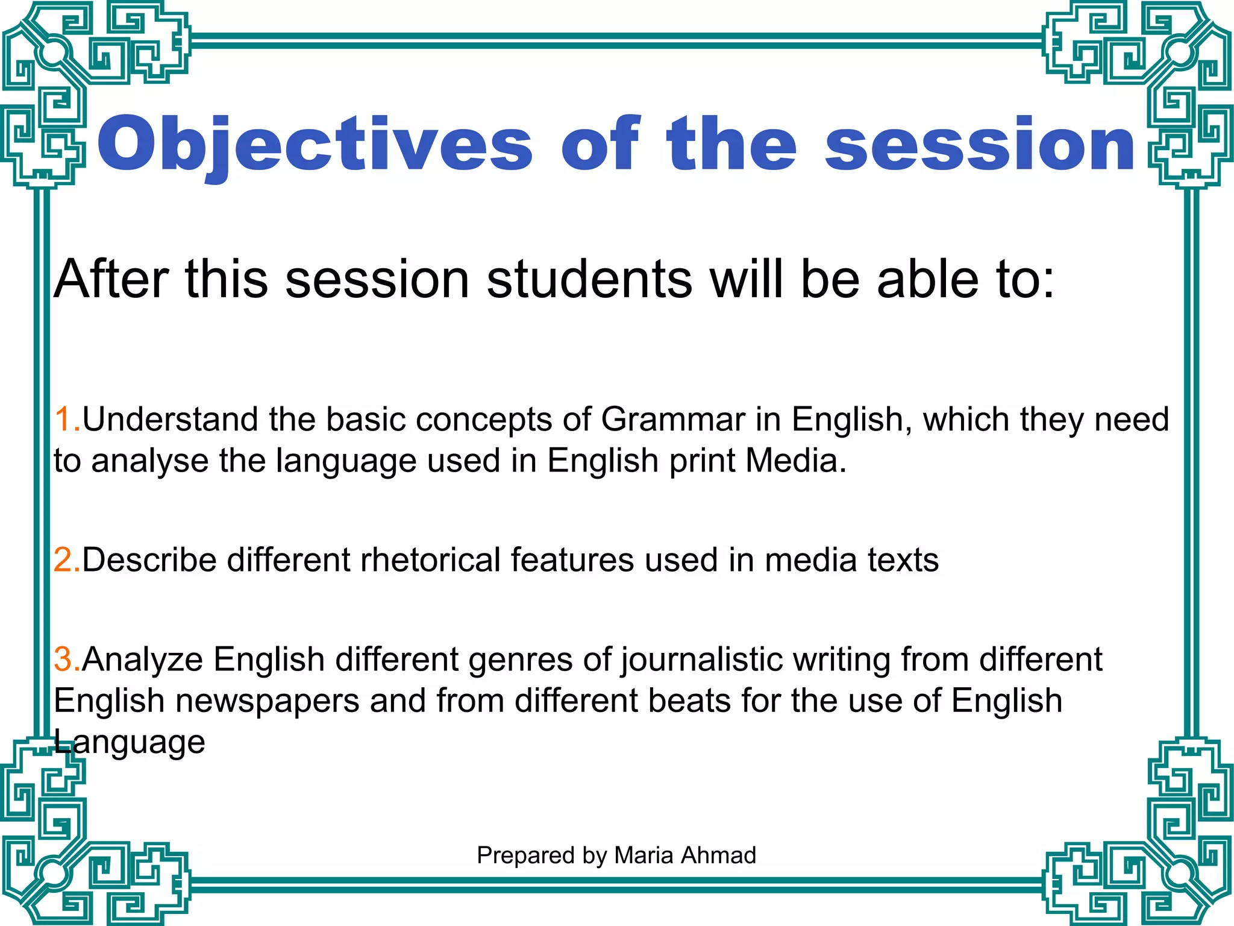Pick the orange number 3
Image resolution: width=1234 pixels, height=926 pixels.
click(64, 659)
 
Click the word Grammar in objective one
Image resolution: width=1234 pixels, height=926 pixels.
click(672, 419)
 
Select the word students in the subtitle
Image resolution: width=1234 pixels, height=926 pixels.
click(589, 279)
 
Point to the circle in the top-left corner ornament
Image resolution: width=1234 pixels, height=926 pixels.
click(55, 52)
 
